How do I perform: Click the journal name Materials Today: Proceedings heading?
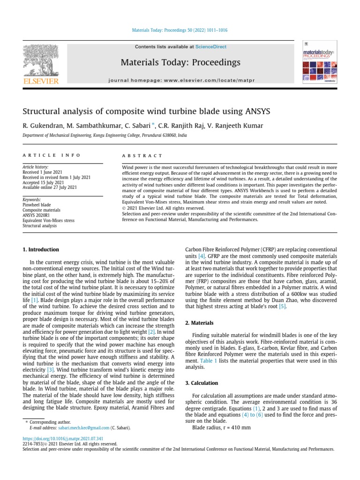point(180,62)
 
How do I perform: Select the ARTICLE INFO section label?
point(52,155)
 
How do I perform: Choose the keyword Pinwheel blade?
point(37,205)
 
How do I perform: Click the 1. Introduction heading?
point(41,250)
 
